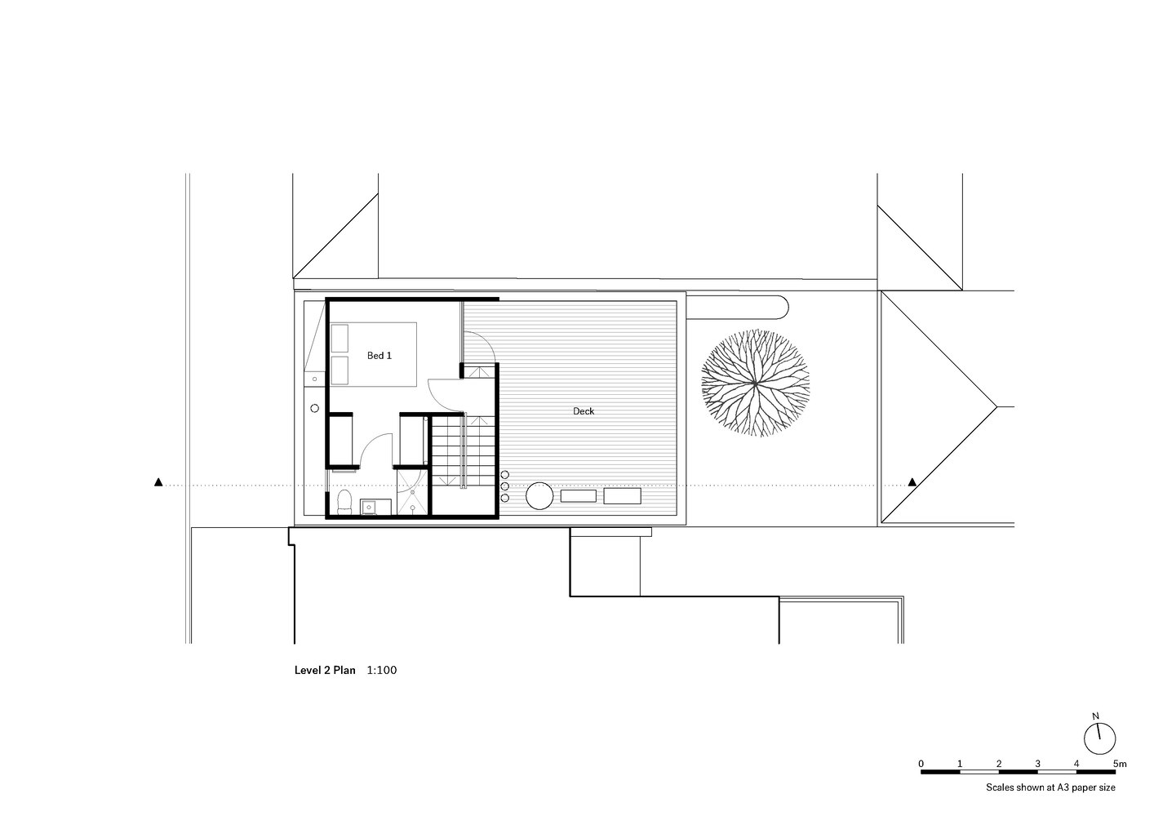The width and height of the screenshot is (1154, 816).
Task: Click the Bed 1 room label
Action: pos(379,356)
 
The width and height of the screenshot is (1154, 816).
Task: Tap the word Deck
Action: pos(584,411)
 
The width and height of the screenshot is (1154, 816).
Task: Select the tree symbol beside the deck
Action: pos(755,384)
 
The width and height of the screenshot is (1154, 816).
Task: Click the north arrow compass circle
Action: pos(1100,739)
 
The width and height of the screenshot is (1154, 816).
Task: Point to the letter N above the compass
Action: pos(1095,716)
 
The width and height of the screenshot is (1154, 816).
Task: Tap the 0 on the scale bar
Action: pos(921,764)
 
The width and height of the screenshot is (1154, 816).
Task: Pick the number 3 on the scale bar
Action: pos(1037,764)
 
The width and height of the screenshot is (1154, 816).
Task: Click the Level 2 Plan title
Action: pos(325,670)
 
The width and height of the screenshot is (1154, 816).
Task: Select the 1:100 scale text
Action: pos(382,670)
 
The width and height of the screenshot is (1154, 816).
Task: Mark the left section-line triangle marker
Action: pos(158,482)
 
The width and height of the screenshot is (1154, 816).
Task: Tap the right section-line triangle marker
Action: pos(912,482)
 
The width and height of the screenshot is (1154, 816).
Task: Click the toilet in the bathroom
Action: pos(344,503)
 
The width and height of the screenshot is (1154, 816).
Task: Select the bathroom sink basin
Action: pos(368,508)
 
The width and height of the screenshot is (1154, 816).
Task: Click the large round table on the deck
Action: pos(539,495)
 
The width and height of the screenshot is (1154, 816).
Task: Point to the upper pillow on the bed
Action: pos(340,338)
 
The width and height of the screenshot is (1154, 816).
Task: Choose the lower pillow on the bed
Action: pos(340,370)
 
